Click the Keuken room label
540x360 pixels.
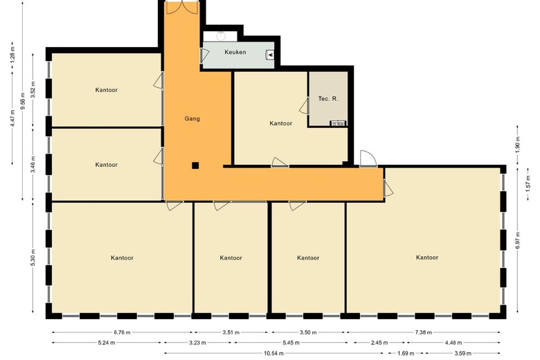(x=235, y=52)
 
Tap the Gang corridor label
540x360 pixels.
(x=192, y=119)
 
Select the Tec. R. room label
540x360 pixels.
(x=328, y=99)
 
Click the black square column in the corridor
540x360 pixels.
(x=195, y=165)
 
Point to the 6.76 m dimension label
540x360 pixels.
(x=123, y=332)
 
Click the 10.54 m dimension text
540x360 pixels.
(x=273, y=353)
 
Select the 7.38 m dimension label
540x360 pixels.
(x=424, y=332)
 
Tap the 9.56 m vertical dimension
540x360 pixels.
(x=23, y=101)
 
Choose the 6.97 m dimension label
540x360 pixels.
(x=518, y=240)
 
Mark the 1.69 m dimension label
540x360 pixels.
(x=406, y=353)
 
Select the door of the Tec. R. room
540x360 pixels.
(x=304, y=106)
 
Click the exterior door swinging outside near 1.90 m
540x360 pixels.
(x=368, y=159)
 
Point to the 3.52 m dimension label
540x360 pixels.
(x=33, y=89)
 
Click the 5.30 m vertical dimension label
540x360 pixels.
(x=33, y=258)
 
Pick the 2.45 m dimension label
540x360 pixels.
(x=379, y=343)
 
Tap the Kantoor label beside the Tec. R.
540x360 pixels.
(x=280, y=123)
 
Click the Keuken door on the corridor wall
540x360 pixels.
(x=204, y=55)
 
